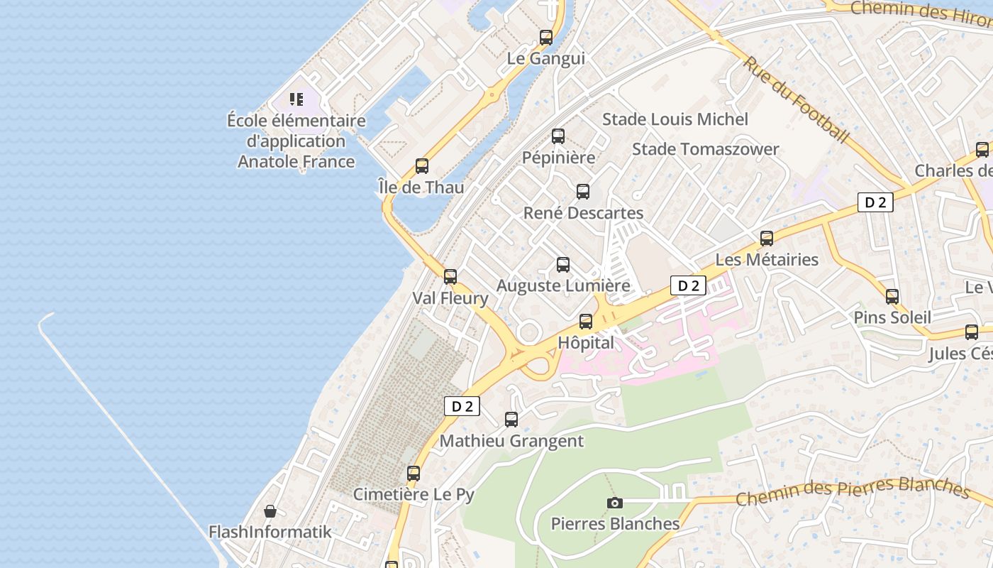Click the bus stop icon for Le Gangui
coord(546,38)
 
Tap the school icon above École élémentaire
coord(296,99)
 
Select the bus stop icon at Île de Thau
coord(422,166)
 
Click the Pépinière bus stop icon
coord(558,136)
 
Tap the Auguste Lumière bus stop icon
coord(563,265)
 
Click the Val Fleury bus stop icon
coord(450,277)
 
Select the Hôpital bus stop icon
coord(586,322)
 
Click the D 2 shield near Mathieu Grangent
coord(462,406)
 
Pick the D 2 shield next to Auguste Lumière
coord(688,285)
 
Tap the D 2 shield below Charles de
coord(875,202)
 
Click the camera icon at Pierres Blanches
coord(615,503)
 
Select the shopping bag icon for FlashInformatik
coord(270,511)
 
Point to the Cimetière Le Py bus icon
coord(414,473)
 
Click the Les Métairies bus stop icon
coord(767,239)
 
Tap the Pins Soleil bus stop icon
coord(892,297)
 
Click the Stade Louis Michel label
coord(675,119)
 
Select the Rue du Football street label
coord(795,99)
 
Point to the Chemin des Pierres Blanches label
coord(851,490)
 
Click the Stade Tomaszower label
coord(705,149)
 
